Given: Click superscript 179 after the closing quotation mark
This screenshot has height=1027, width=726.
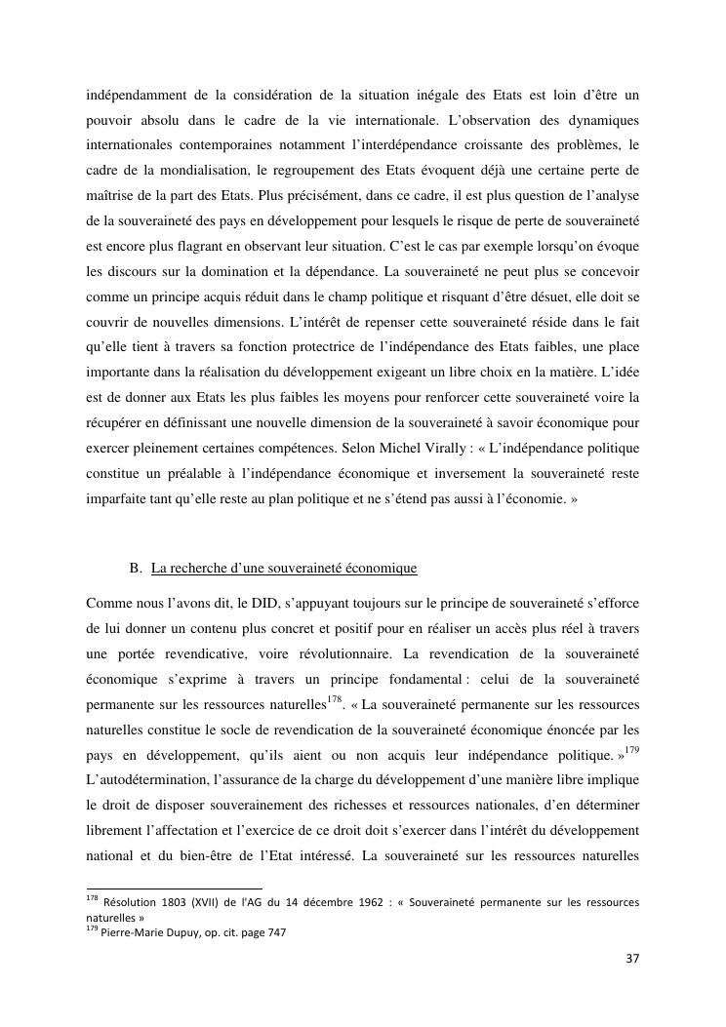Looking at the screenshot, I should (630, 750).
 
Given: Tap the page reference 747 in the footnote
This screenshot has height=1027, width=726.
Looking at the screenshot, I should (273, 931).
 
